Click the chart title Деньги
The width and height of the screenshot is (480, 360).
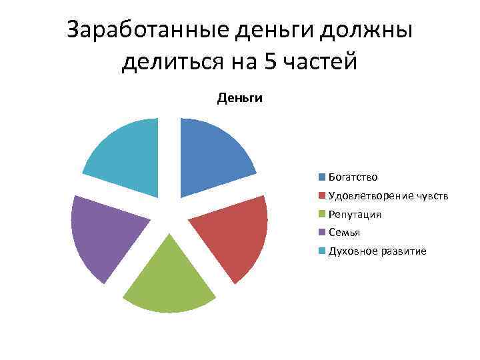click(x=240, y=99)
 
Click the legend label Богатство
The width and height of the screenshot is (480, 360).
click(x=353, y=177)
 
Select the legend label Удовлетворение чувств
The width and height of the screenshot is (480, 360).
click(x=388, y=196)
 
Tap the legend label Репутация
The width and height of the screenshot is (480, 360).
click(x=355, y=215)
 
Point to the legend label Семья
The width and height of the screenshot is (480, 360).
click(x=344, y=233)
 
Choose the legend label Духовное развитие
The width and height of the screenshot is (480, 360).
click(x=377, y=251)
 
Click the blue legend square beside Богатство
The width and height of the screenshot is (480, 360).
click(x=322, y=177)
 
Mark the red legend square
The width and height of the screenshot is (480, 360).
click(x=322, y=196)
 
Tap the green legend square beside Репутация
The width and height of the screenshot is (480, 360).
click(x=322, y=215)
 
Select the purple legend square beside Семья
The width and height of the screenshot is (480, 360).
click(x=322, y=233)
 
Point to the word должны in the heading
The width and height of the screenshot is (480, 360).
click(x=369, y=31)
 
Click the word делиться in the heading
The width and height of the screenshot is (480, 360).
click(x=171, y=62)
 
